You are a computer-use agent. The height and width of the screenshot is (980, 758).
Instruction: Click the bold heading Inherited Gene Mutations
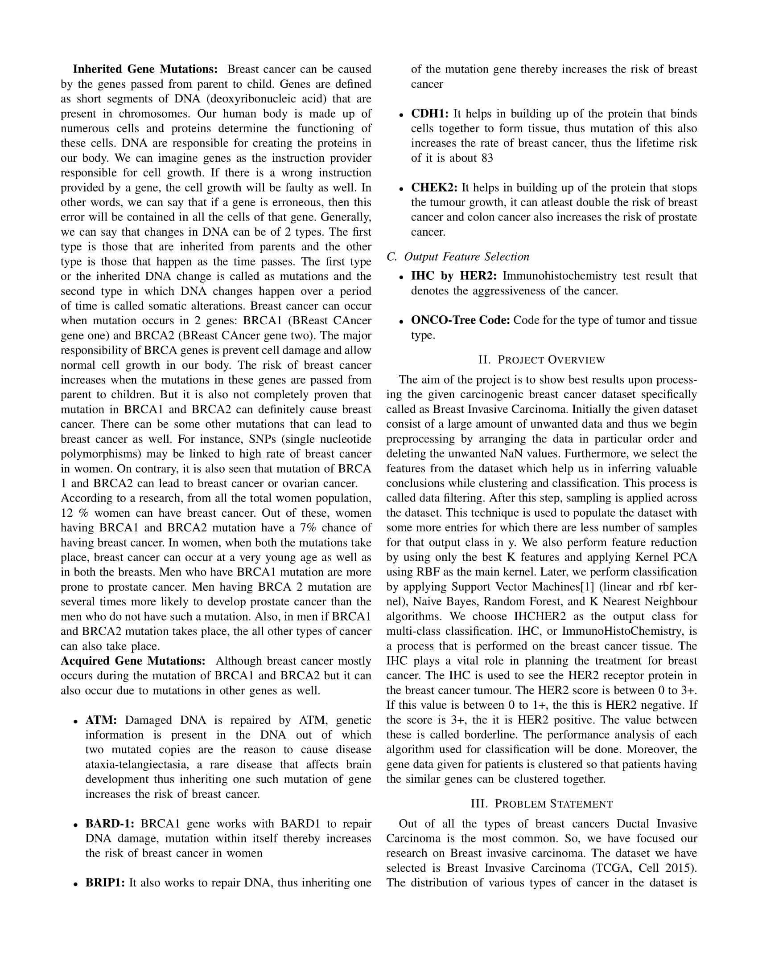pyautogui.click(x=145, y=69)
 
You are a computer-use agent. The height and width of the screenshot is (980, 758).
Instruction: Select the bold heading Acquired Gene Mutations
pyautogui.click(x=133, y=661)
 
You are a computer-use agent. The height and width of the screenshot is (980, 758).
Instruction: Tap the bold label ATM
pyautogui.click(x=101, y=720)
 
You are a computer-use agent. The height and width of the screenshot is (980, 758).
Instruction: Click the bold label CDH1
pyautogui.click(x=430, y=114)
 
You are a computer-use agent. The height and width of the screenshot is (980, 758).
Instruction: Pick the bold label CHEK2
pyautogui.click(x=434, y=188)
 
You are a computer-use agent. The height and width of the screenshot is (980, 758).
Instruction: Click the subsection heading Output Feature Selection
pyautogui.click(x=466, y=257)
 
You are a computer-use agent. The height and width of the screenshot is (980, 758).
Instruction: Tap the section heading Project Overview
pyautogui.click(x=542, y=360)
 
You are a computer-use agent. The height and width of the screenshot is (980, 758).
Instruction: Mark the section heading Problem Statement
pyautogui.click(x=542, y=804)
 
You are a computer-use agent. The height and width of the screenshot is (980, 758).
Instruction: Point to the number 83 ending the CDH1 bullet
pyautogui.click(x=487, y=158)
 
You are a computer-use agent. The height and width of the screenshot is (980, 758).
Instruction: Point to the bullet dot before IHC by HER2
pyautogui.click(x=401, y=278)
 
